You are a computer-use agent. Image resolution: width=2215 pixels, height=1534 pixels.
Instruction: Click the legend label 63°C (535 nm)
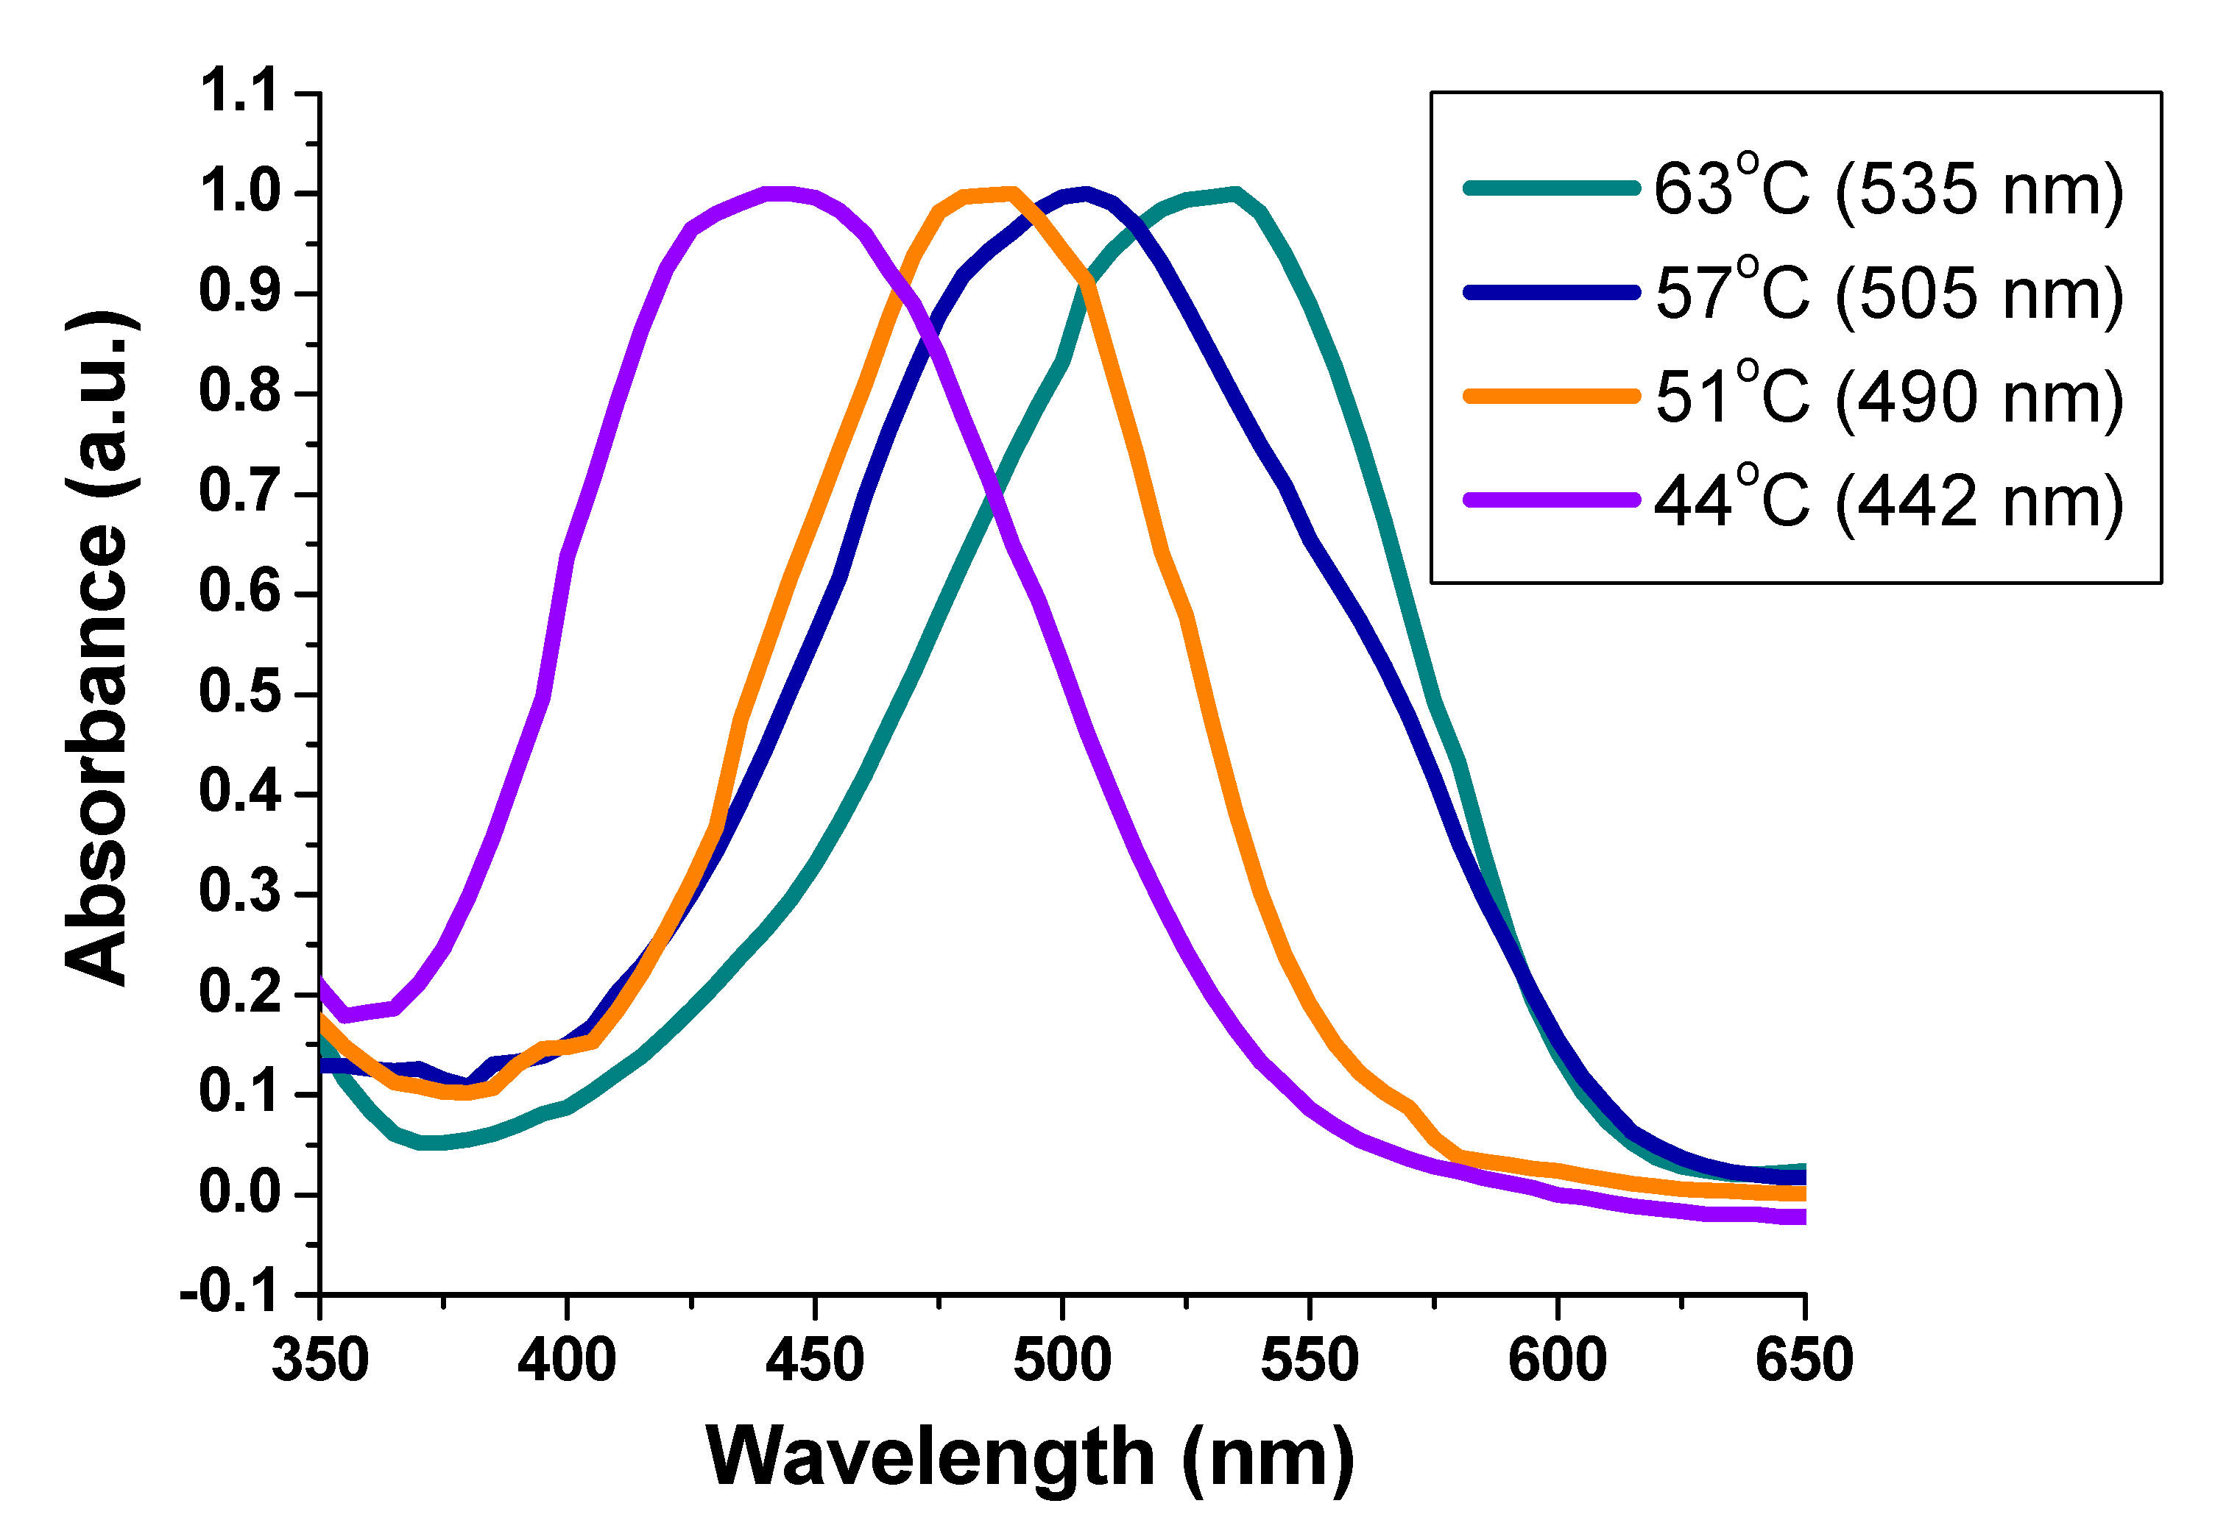pos(1887,188)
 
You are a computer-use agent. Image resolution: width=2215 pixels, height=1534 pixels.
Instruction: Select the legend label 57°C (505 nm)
pos(1887,292)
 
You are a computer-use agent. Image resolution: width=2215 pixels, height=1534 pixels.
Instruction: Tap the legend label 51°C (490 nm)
pos(1887,396)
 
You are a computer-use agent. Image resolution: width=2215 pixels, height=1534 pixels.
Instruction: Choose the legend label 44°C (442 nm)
pos(1887,500)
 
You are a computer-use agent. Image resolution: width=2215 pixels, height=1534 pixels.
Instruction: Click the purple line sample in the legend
pos(1551,500)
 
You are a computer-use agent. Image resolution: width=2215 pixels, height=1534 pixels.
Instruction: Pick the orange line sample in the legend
pos(1551,396)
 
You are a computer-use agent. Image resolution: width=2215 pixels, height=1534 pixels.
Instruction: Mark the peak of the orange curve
pos(1011,194)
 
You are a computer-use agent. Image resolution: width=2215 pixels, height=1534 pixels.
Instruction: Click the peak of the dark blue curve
pos(1087,194)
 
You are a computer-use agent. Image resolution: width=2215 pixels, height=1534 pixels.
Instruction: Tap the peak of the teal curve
pos(1234,194)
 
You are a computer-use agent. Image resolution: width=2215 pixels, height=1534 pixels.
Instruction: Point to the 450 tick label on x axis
pos(814,1360)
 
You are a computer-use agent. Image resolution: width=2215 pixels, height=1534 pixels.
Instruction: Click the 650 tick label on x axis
pos(1804,1360)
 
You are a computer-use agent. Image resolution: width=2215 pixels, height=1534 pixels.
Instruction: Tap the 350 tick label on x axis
pos(320,1360)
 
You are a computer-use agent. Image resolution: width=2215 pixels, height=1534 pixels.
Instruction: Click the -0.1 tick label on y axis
pos(229,1293)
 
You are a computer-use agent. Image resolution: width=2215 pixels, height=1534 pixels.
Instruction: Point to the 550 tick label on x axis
pos(1310,1360)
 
